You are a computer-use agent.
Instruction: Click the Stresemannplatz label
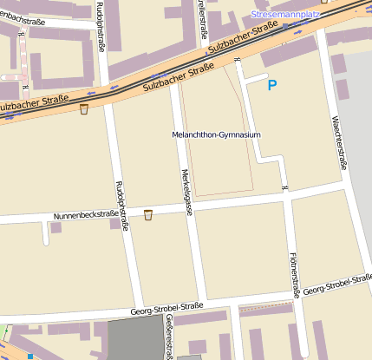coord(286,15)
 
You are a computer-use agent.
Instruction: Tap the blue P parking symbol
coord(271,85)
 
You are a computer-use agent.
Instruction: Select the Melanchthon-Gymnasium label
coord(217,135)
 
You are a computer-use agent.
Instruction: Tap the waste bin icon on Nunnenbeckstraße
coord(147,214)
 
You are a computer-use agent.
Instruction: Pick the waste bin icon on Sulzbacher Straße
coord(84,108)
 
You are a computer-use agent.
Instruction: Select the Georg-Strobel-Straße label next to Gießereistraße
coord(166,307)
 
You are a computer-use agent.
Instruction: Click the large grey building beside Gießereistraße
coord(135,337)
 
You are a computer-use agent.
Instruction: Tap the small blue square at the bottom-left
coord(31,357)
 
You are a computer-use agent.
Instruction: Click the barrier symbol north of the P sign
coord(237,60)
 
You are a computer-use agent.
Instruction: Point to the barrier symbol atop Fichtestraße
coord(284,187)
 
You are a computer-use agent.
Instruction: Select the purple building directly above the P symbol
coord(288,51)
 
